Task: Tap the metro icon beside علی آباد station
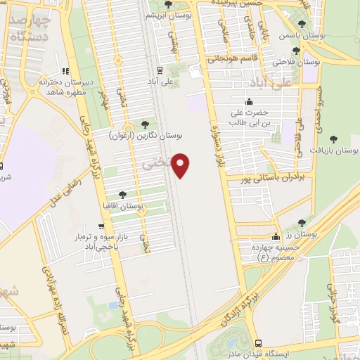tap(160, 70)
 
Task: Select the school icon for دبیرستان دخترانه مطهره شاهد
tap(65, 71)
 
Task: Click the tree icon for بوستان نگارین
tap(145, 124)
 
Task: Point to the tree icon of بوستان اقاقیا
tap(122, 195)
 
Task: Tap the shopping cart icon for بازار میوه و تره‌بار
tap(103, 226)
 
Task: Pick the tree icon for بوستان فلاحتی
tap(297, 51)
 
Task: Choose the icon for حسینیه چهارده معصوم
tap(276, 236)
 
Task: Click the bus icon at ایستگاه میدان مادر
tap(259, 342)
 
